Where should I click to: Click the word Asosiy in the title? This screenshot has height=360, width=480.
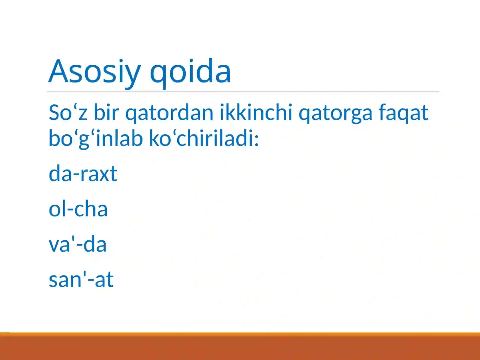pyautogui.click(x=94, y=71)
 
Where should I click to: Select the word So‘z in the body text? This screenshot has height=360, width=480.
pyautogui.click(x=68, y=113)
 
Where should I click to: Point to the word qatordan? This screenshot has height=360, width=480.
pyautogui.click(x=169, y=113)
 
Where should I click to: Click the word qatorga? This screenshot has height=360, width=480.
pyautogui.click(x=335, y=113)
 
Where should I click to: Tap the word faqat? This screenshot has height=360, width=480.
pyautogui.click(x=403, y=113)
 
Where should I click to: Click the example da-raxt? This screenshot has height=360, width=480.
pyautogui.click(x=83, y=174)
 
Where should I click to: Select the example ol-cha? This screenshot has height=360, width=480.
pyautogui.click(x=78, y=209)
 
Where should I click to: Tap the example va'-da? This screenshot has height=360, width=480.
pyautogui.click(x=77, y=244)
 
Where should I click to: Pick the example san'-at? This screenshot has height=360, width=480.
pyautogui.click(x=81, y=280)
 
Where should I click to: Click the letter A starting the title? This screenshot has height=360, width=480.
pyautogui.click(x=59, y=71)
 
